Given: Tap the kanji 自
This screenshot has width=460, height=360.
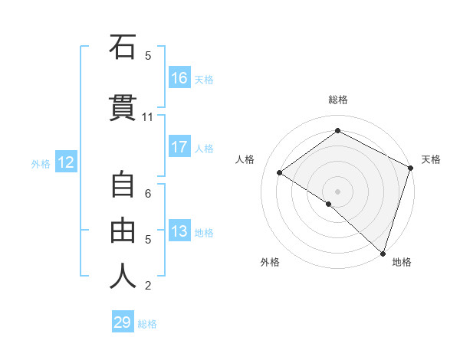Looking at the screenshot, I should coord(123,186).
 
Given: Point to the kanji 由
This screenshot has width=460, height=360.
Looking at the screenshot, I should coord(123,230).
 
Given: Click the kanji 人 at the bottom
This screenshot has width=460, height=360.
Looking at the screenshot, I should coord(123,276).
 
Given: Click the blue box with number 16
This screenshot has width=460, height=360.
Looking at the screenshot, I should coord(179,77).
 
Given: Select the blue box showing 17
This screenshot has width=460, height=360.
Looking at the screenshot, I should coord(179,147).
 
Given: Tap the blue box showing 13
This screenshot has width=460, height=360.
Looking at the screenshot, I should coord(179,231).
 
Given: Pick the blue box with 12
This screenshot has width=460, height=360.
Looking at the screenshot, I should coord(66,162).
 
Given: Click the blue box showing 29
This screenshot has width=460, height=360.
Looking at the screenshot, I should coord(123,322).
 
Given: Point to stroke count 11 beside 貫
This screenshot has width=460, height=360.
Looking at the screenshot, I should coord(148,116).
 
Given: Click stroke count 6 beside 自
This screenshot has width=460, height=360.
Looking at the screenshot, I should coord(148,193).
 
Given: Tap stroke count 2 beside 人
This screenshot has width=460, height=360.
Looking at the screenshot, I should coord(148,286).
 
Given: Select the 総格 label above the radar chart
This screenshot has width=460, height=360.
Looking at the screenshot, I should coord(338,100).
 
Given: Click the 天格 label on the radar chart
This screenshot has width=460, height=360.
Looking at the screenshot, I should coord(431,159).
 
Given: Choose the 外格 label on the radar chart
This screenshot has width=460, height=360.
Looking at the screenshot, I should coord(270,262).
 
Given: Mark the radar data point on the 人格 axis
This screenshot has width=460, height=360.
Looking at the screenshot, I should coord(280,173).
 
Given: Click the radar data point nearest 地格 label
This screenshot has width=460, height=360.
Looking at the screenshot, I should coord(383,253).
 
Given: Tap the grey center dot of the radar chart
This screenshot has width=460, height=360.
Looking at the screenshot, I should coord(337,191).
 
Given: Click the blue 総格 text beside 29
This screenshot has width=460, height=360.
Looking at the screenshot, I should coord(147,324).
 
